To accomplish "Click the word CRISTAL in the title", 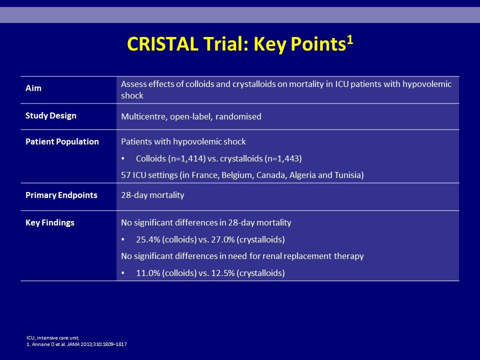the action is click(162, 44).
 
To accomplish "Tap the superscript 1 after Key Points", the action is click(350, 40).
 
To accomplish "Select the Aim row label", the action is click(33, 88).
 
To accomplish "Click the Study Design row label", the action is click(51, 115).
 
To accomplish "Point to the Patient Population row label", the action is click(62, 141).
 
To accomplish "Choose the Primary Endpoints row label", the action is click(61, 195).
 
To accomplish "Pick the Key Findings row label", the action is click(50, 222).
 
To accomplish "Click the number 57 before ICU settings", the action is click(126, 175).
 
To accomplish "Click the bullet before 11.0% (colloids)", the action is click(123, 273).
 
